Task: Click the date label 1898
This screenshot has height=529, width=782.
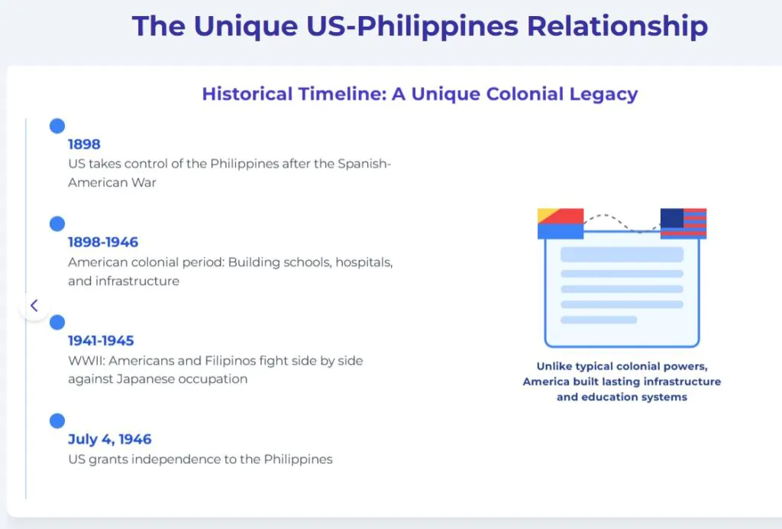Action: click(x=84, y=144)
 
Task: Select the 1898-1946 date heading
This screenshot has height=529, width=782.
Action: click(x=103, y=242)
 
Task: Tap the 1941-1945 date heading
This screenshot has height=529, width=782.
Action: click(x=101, y=340)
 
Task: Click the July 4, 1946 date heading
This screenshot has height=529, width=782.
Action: click(x=110, y=439)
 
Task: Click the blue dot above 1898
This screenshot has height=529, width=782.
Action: click(x=57, y=126)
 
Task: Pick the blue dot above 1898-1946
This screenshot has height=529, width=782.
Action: click(x=57, y=223)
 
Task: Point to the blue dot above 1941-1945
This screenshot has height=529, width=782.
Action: click(x=57, y=323)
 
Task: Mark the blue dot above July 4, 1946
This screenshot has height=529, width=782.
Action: click(x=57, y=420)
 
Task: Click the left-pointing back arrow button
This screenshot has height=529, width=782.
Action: click(x=34, y=306)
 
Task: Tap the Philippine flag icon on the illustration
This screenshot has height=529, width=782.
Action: click(x=561, y=223)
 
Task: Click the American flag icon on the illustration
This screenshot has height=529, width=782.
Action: click(x=683, y=223)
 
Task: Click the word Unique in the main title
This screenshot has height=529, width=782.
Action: click(x=246, y=26)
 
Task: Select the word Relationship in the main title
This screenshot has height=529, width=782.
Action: click(x=617, y=26)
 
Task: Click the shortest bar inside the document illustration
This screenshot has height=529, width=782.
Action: click(x=599, y=320)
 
